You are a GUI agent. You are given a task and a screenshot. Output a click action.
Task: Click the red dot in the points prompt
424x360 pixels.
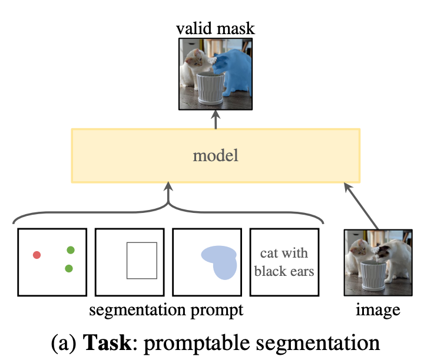[x=37, y=255]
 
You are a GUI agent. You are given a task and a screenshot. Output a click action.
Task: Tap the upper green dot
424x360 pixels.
[x=71, y=250]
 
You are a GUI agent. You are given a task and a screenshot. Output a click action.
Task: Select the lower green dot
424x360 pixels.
[x=69, y=268]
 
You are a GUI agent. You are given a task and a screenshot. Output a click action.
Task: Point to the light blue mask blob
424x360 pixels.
[x=221, y=261]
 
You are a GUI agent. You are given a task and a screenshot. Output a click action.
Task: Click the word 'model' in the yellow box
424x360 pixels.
[x=216, y=155]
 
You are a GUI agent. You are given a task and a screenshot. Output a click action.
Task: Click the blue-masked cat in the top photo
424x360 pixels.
[x=234, y=70]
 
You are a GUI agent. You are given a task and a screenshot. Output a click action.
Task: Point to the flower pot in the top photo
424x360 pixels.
[x=210, y=88]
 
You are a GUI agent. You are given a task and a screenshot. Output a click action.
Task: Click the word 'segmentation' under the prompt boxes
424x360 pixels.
[x=137, y=311]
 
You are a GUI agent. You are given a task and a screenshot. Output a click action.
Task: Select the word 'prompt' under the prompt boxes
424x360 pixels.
[x=217, y=311]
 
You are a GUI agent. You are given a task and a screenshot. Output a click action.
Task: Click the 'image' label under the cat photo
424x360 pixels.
[x=377, y=311]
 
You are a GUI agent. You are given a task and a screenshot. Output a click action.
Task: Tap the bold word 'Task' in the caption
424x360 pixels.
[x=107, y=342]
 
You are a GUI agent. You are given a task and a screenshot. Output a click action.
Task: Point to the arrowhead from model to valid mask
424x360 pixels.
[x=216, y=114]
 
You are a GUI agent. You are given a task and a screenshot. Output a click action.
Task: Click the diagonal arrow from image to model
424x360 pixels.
[x=361, y=206]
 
